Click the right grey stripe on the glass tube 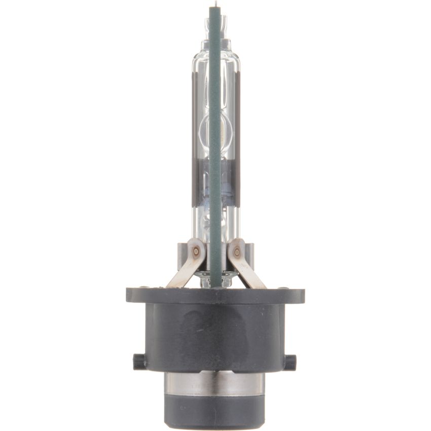(237, 137)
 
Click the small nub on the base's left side (138, 361)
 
